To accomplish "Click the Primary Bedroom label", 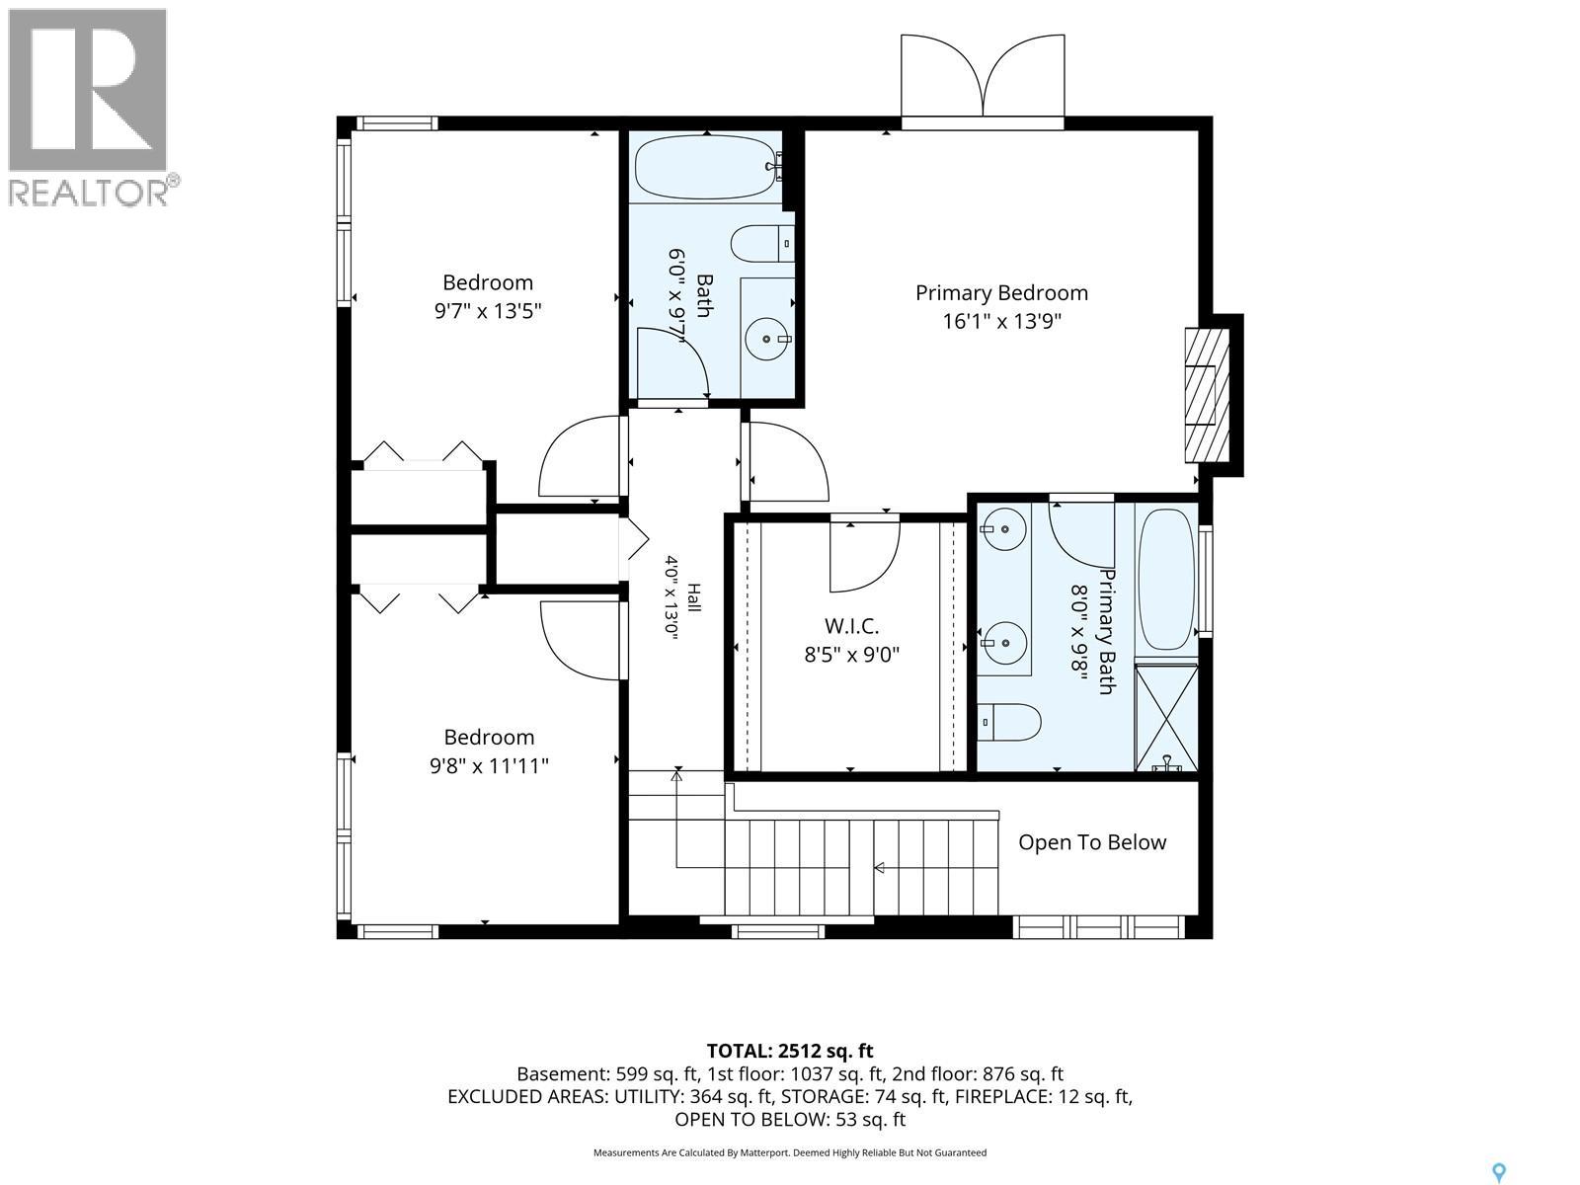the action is [1001, 293].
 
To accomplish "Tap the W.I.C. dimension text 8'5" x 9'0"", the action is [851, 656].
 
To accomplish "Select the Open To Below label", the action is [1092, 842].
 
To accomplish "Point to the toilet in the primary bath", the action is [1009, 723].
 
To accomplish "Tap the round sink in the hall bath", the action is [767, 338].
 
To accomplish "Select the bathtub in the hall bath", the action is [708, 167].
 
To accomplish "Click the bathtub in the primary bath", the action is [1166, 580].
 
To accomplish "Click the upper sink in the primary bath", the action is [1003, 529].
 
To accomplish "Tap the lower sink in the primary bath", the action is [1003, 643].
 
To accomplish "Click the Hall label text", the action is [693, 597].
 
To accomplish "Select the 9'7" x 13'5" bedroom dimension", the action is [488, 311].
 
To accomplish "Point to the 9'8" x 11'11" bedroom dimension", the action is [489, 766].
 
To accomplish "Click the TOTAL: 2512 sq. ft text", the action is [790, 1051].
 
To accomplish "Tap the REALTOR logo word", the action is [88, 193].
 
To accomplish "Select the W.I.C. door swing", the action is [865, 554].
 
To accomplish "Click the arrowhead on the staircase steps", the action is [879, 868].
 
